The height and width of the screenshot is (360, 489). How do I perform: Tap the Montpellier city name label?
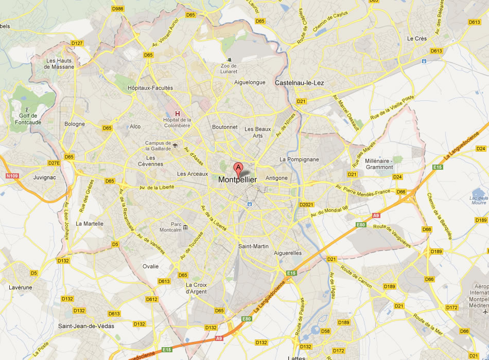click(237, 179)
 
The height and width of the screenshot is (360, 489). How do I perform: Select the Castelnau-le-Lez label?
click(299, 82)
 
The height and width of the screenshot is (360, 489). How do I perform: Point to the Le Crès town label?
click(417, 39)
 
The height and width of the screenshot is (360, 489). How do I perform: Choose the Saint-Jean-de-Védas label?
click(86, 326)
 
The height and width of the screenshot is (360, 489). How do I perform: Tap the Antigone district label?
click(276, 178)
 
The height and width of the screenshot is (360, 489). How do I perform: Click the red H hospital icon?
click(178, 114)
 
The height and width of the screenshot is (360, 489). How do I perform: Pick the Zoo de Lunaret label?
click(229, 68)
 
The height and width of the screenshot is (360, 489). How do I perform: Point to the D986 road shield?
click(118, 9)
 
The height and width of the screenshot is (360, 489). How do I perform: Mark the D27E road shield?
click(54, 163)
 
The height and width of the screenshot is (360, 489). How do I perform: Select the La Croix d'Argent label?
click(196, 288)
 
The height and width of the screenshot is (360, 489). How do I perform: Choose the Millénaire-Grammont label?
click(379, 164)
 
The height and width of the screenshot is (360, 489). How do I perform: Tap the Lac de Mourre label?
click(478, 200)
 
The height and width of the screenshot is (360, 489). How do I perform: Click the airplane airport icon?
click(484, 312)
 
